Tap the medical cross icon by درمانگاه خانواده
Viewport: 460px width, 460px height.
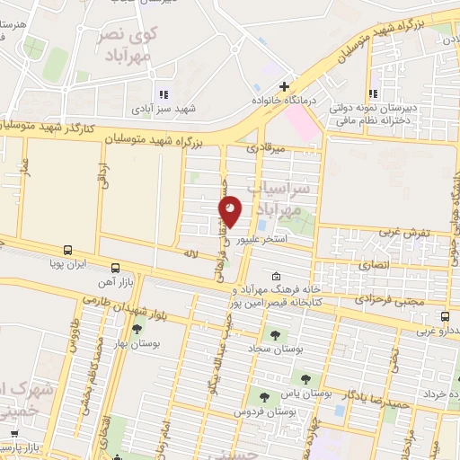(284, 87)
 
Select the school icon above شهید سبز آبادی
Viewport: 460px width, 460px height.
(163, 93)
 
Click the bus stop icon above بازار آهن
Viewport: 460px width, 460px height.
(115, 268)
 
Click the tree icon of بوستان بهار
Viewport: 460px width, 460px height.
(137, 330)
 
